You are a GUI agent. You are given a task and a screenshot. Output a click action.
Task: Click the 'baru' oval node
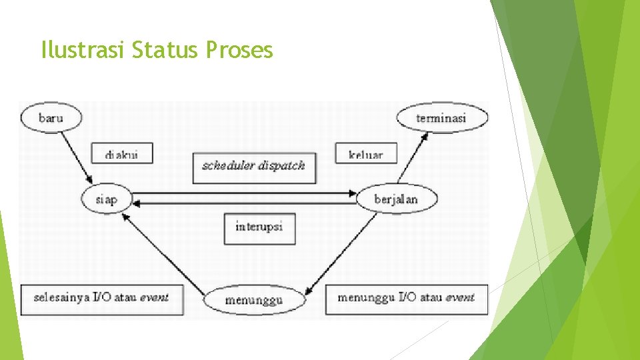[51, 118]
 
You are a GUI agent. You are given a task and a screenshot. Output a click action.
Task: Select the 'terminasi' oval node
[441, 119]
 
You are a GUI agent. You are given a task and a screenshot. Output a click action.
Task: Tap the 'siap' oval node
[107, 199]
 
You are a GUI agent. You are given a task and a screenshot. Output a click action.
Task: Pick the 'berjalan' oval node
[396, 199]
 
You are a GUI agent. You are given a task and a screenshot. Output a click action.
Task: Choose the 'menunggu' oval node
[253, 300]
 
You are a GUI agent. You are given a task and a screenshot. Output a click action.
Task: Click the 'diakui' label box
[122, 154]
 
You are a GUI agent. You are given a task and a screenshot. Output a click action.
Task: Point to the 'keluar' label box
[366, 154]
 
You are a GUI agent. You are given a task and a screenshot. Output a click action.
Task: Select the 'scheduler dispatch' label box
[253, 166]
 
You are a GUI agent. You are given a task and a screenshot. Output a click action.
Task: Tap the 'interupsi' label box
[259, 227]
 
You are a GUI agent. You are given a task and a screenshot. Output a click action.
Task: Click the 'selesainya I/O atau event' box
[101, 297]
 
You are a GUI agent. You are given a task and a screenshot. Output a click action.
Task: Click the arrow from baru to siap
[75, 157]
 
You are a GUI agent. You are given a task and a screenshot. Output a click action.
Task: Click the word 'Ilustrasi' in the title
[83, 50]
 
